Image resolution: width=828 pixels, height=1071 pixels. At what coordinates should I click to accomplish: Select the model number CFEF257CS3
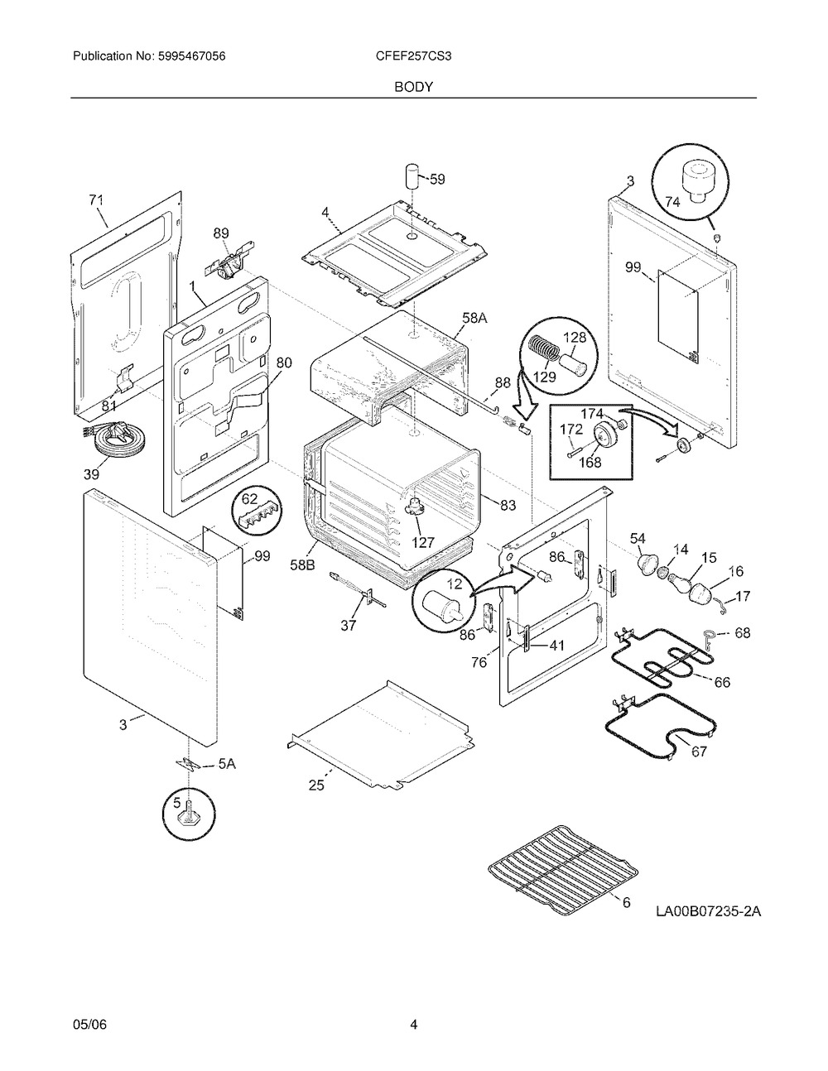click(x=413, y=56)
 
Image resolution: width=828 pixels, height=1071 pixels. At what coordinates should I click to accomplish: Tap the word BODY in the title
click(x=413, y=87)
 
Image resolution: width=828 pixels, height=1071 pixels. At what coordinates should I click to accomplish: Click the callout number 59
click(x=437, y=180)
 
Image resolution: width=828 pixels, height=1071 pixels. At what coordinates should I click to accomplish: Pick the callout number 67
click(x=699, y=752)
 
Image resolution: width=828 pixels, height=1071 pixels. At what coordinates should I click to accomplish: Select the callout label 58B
click(x=302, y=564)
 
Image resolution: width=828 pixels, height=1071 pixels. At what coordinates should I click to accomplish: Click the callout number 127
click(x=423, y=543)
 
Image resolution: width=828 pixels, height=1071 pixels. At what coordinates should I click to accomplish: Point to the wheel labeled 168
click(x=601, y=435)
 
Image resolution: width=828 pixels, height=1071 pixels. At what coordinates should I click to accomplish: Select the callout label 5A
click(x=227, y=765)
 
